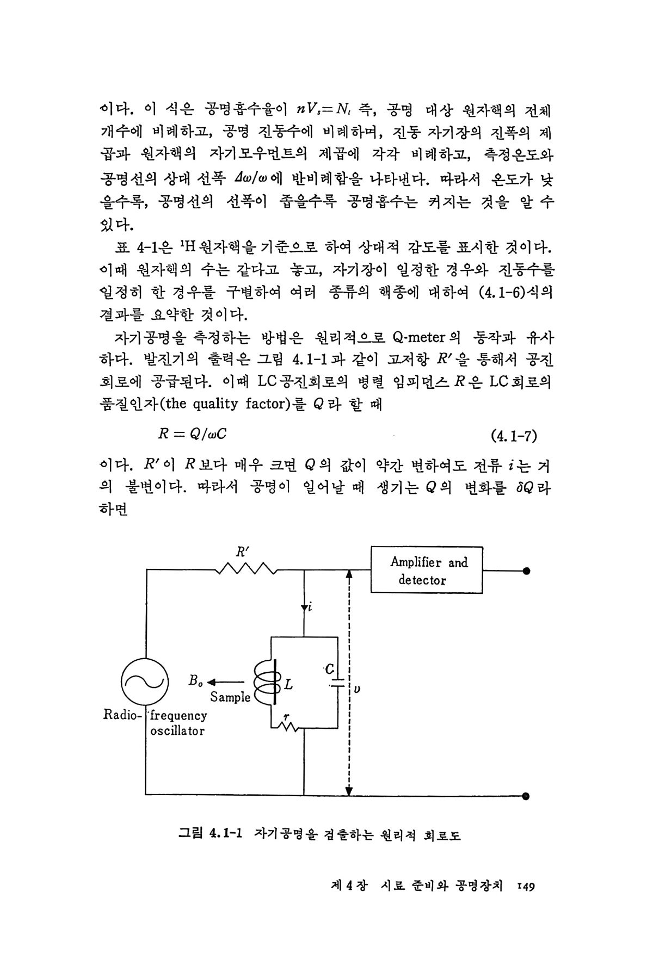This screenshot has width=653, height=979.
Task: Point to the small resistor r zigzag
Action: [x=288, y=727]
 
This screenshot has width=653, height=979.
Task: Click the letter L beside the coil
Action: [x=289, y=685]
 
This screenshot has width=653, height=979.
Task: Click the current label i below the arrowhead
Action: [x=310, y=608]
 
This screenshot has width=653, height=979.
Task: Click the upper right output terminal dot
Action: [x=526, y=571]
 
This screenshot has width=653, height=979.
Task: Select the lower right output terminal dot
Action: [x=526, y=795]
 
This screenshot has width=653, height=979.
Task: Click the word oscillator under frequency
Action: [x=177, y=731]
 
